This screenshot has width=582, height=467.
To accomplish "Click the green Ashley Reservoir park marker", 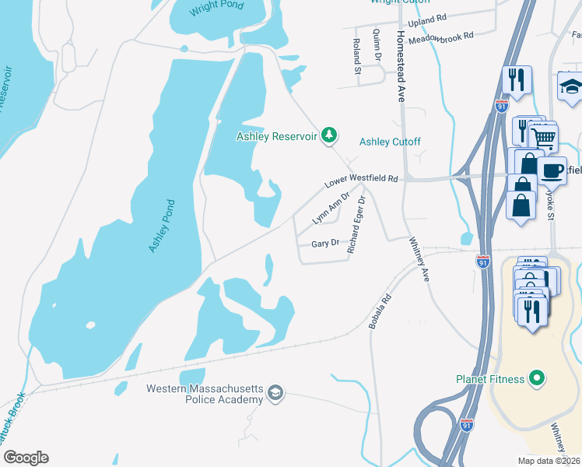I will [x=330, y=136].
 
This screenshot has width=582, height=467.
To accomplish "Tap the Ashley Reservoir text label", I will [x=277, y=137].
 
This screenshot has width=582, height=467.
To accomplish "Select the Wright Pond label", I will [x=218, y=5].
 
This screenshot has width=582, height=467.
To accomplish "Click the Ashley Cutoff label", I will [x=390, y=142].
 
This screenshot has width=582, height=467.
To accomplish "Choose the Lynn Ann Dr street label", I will [x=329, y=209].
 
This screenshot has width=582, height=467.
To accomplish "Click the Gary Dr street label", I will [x=325, y=243].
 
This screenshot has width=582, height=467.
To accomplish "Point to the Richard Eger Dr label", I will [x=357, y=226].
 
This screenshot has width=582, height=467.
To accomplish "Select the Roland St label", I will [x=357, y=56].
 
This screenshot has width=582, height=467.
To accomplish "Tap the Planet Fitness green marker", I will [x=535, y=380].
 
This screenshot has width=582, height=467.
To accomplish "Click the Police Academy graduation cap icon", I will [x=275, y=394].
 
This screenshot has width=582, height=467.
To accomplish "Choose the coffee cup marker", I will [x=552, y=169].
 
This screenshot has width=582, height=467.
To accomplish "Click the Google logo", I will [x=26, y=458].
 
